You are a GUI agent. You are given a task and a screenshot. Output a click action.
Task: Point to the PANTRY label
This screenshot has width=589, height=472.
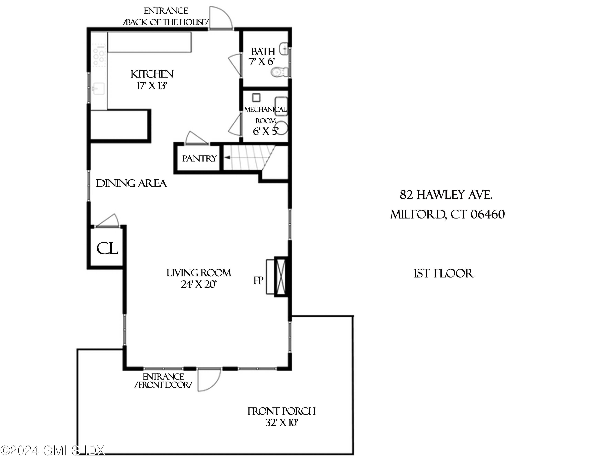pos(199,159)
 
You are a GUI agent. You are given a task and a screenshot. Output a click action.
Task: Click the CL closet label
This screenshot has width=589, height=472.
pos(107,248)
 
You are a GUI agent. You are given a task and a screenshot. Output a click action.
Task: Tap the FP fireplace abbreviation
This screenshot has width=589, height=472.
pos(258,280)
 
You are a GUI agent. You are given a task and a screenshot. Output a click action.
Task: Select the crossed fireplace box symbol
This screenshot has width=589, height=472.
pos(281,277)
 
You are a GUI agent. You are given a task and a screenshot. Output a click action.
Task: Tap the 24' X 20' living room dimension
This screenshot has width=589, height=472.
pos(199,285)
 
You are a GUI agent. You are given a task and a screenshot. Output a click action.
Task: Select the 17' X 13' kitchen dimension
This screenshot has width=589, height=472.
pos(152,86)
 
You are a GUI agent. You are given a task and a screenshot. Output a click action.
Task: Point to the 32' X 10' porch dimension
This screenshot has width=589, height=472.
pos(281,423)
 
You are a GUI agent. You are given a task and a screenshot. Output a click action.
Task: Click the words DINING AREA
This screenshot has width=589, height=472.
pos(131,183)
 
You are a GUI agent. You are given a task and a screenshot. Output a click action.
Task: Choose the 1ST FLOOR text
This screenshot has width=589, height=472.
pos(444,274)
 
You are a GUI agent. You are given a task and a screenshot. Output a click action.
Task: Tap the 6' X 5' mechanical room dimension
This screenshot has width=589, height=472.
pos(265,132)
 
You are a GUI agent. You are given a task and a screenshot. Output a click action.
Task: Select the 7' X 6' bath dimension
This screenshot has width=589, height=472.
pos(262,62)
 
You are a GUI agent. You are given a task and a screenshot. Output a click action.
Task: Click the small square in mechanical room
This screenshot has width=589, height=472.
pos(256,97)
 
